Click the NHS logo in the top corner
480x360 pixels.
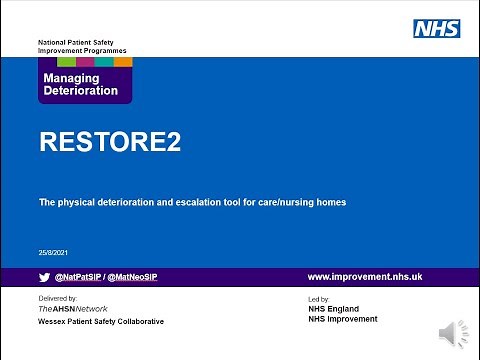(437, 28)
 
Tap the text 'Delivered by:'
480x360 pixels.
(58, 299)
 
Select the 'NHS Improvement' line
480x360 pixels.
(344, 319)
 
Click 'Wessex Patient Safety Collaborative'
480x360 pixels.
(102, 322)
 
